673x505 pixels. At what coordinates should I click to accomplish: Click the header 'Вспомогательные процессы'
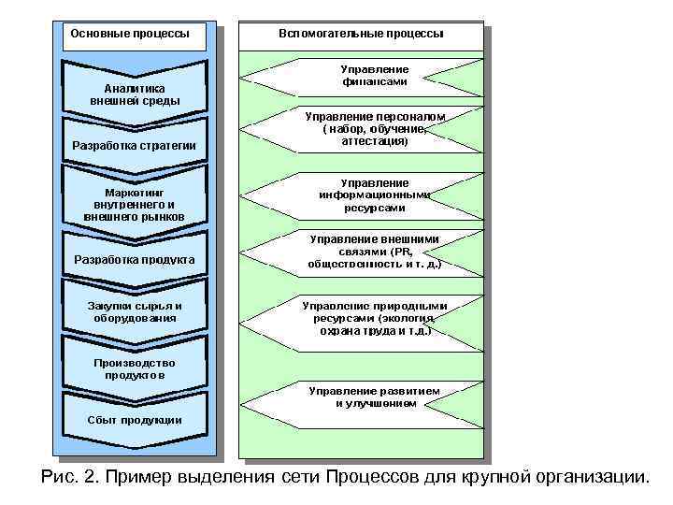click(x=361, y=34)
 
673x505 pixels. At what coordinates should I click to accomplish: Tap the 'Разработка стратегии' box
click(x=135, y=145)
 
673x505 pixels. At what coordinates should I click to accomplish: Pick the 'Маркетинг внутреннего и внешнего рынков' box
click(x=135, y=203)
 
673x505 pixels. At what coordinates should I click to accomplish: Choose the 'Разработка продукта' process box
click(x=135, y=258)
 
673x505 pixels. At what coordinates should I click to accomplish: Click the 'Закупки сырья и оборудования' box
click(x=135, y=311)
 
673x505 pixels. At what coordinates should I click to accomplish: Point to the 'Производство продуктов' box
click(x=135, y=368)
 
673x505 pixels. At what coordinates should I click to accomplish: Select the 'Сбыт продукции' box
click(x=135, y=419)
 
